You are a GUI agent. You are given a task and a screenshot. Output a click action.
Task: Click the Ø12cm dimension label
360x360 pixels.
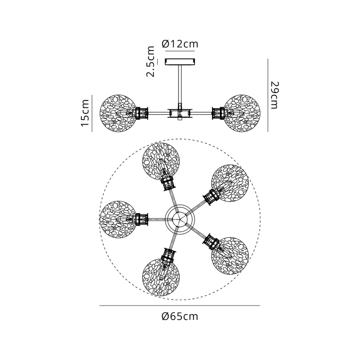pos(180,44)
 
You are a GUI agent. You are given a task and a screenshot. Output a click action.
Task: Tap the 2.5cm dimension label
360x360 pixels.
pos(151,61)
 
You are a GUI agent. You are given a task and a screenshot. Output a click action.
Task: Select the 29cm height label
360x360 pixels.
pos(274,95)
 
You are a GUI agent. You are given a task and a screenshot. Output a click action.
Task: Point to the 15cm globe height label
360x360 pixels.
pos(85,113)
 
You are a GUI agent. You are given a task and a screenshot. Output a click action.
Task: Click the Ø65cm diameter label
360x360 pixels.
pos(180,316)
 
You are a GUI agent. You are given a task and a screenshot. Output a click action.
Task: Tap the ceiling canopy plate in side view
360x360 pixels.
pos(180,62)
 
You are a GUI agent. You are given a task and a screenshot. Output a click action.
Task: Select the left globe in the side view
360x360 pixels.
pos(118,113)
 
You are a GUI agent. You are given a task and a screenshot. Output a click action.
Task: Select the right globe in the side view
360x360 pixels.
pos(242,113)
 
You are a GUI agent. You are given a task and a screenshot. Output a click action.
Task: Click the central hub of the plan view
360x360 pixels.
pos(180,219)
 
